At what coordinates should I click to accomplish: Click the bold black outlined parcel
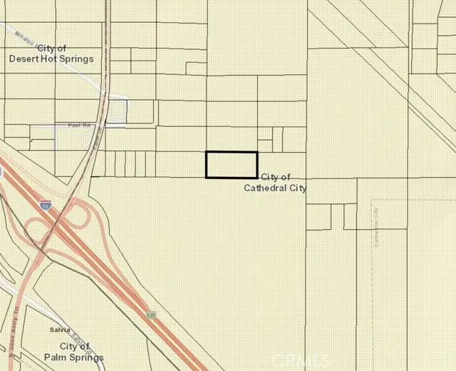tap(232, 164)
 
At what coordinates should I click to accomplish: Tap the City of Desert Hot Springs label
tap(50, 54)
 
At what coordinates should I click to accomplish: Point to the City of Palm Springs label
tap(71, 352)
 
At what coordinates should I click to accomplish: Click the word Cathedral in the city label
tap(261, 188)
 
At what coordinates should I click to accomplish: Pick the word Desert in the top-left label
tap(22, 59)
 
